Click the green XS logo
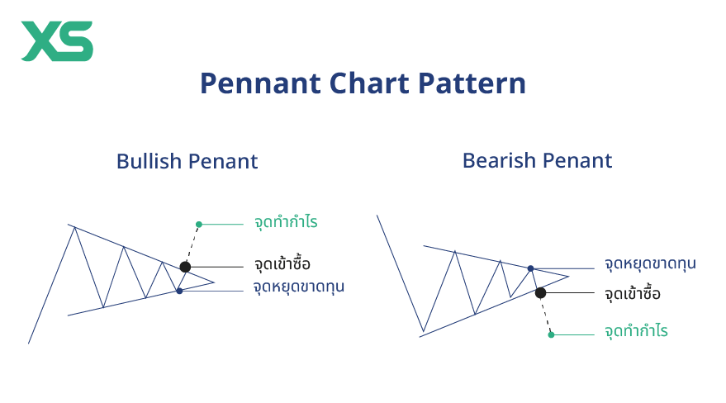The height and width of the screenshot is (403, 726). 57,41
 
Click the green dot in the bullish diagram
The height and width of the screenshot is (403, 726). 199,224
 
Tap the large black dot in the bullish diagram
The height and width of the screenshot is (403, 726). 185,267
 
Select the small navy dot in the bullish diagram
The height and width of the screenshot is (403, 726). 179,291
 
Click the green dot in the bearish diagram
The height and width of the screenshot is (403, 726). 551,334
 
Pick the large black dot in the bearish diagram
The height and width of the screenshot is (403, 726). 540,292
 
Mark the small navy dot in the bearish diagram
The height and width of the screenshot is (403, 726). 530,268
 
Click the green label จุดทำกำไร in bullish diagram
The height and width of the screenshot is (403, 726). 287,223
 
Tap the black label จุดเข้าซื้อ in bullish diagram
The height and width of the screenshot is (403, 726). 282,265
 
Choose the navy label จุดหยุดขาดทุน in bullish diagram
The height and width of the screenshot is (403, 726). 298,287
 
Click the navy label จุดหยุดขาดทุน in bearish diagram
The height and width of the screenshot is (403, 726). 650,264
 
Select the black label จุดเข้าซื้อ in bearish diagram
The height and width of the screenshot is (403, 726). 633,293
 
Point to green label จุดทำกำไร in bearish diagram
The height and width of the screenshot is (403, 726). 636,332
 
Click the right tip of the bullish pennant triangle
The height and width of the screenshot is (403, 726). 215,282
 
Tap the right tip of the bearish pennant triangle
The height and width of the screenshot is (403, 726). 569,276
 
